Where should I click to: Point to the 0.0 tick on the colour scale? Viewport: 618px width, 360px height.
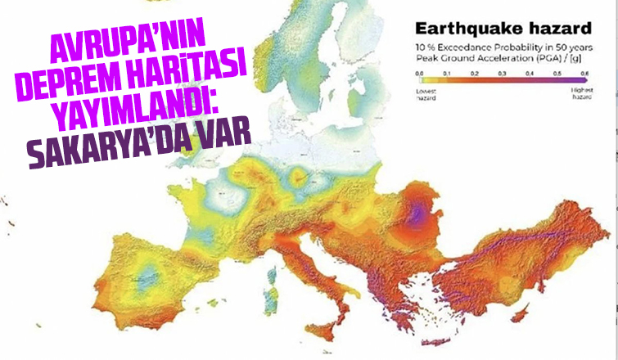click(x=419, y=74)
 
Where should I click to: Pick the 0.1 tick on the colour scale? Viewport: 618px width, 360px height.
click(x=447, y=74)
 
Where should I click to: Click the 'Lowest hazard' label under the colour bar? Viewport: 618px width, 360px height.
click(x=426, y=94)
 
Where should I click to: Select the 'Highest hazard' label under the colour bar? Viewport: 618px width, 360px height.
click(x=581, y=94)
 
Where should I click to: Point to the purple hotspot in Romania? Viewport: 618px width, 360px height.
click(x=420, y=214)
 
